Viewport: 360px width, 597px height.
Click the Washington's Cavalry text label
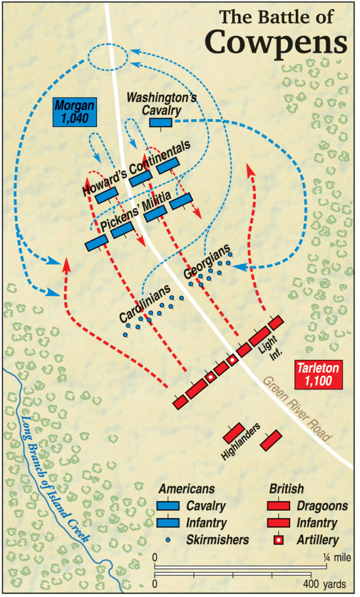click(162, 104)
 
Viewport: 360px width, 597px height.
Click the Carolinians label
click(144, 304)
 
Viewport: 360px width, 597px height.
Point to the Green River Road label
click(297, 408)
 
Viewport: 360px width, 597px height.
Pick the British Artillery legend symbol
click(279, 540)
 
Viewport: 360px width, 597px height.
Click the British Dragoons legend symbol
click(279, 506)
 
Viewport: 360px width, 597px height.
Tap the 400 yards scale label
click(323, 584)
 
